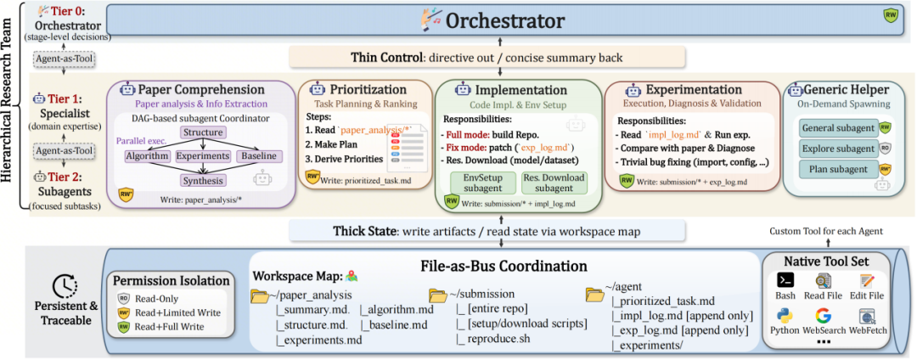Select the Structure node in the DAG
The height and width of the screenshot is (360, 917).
(202, 132)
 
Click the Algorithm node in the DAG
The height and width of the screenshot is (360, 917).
(146, 156)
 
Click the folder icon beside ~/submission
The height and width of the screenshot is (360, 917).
(438, 295)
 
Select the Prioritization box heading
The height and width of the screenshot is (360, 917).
(368, 89)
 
